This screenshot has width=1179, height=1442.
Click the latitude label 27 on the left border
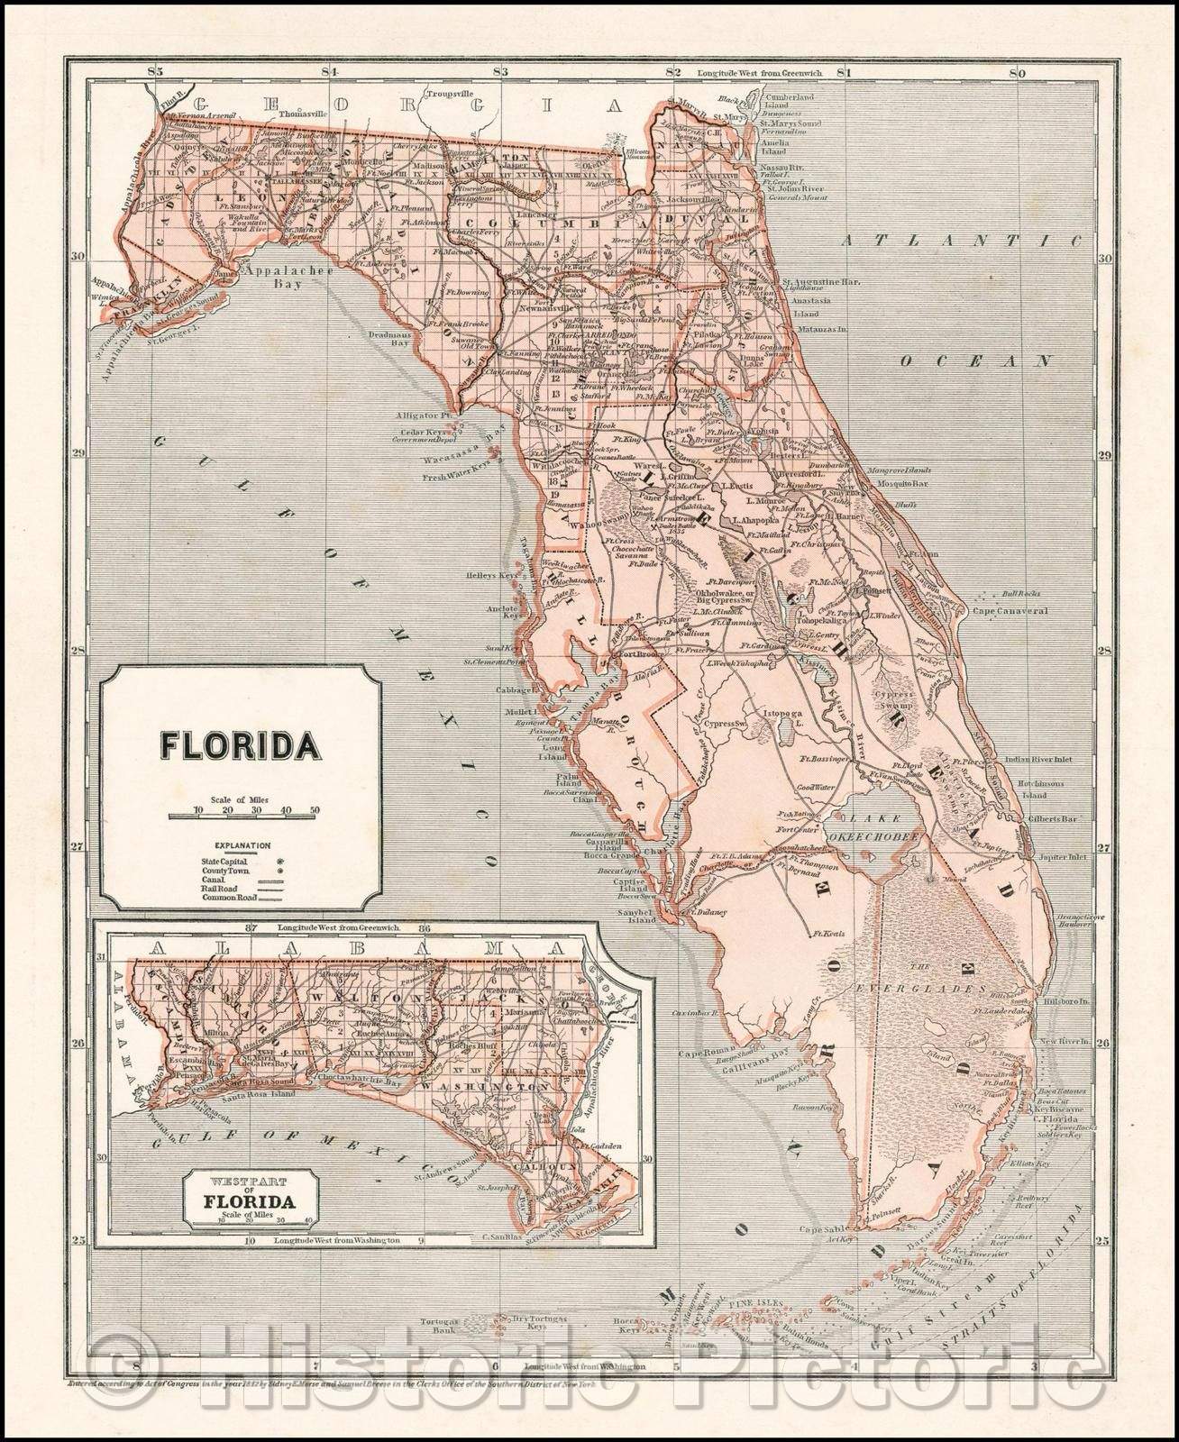click(x=78, y=848)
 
